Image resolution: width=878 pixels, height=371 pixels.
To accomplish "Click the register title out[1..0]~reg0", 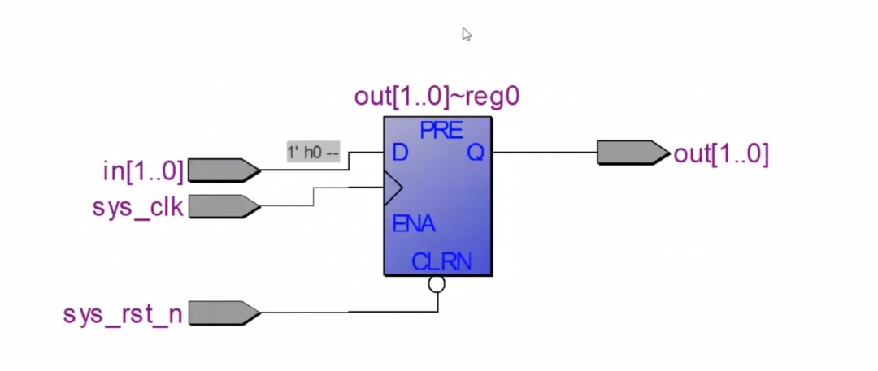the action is point(437,97).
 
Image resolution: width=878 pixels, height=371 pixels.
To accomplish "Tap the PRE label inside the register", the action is point(441,131).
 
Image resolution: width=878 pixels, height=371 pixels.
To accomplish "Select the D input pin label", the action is point(400,152).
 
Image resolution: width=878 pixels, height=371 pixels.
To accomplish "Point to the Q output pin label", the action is point(476,152).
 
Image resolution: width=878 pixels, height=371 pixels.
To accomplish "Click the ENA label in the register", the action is point(414,224).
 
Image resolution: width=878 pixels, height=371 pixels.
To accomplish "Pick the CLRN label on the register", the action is point(441,261).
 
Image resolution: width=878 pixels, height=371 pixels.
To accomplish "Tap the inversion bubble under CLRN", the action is point(437,284).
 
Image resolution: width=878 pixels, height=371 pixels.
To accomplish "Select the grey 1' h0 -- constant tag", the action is point(314,152).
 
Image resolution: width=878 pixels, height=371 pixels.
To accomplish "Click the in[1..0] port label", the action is point(143,170).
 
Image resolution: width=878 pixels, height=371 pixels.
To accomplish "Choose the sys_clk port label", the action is point(137,207).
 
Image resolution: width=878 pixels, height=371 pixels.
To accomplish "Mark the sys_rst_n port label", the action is point(123,314).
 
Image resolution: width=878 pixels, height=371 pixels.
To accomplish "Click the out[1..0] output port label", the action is point(721,154).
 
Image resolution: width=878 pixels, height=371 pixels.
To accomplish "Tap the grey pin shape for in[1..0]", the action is point(224,170).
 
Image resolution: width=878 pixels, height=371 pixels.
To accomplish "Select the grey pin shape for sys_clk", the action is point(224,206).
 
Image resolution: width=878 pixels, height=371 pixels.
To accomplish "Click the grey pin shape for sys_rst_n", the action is point(224,313).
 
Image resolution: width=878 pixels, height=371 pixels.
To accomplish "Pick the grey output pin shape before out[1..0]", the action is point(633,152).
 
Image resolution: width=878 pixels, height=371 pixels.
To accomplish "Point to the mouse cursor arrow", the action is point(467,34).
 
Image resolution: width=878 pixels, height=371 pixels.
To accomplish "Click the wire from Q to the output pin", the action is point(545,152).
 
